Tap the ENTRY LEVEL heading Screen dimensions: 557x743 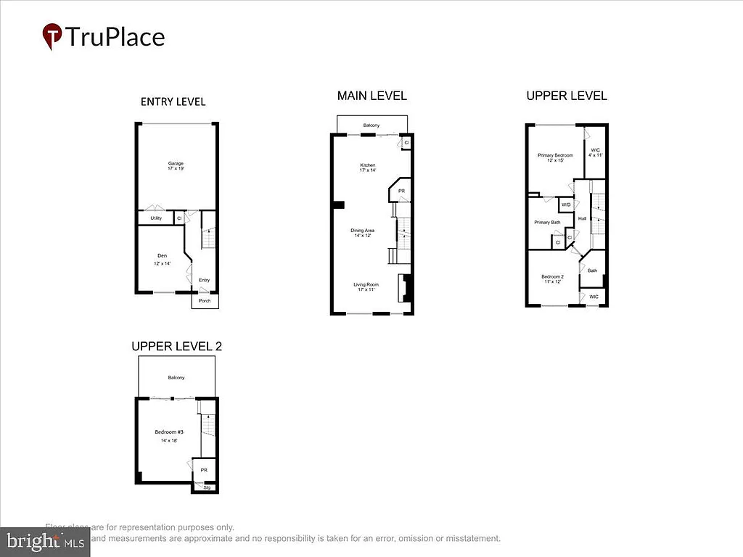click(173, 102)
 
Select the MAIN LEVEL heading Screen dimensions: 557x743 click(371, 96)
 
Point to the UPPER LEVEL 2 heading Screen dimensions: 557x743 click(176, 346)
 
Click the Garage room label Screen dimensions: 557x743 click(175, 163)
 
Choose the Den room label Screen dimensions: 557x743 click(162, 255)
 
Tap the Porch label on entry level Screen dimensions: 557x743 click(205, 301)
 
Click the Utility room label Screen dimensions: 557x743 click(155, 218)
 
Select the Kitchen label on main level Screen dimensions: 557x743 click(368, 165)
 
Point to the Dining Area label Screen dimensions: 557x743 click(362, 231)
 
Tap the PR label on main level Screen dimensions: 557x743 click(401, 191)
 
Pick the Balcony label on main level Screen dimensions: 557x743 click(371, 125)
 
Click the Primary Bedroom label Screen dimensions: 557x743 click(555, 155)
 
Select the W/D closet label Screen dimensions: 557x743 click(566, 205)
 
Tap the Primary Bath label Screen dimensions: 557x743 click(547, 223)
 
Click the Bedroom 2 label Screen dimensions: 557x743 click(552, 276)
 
